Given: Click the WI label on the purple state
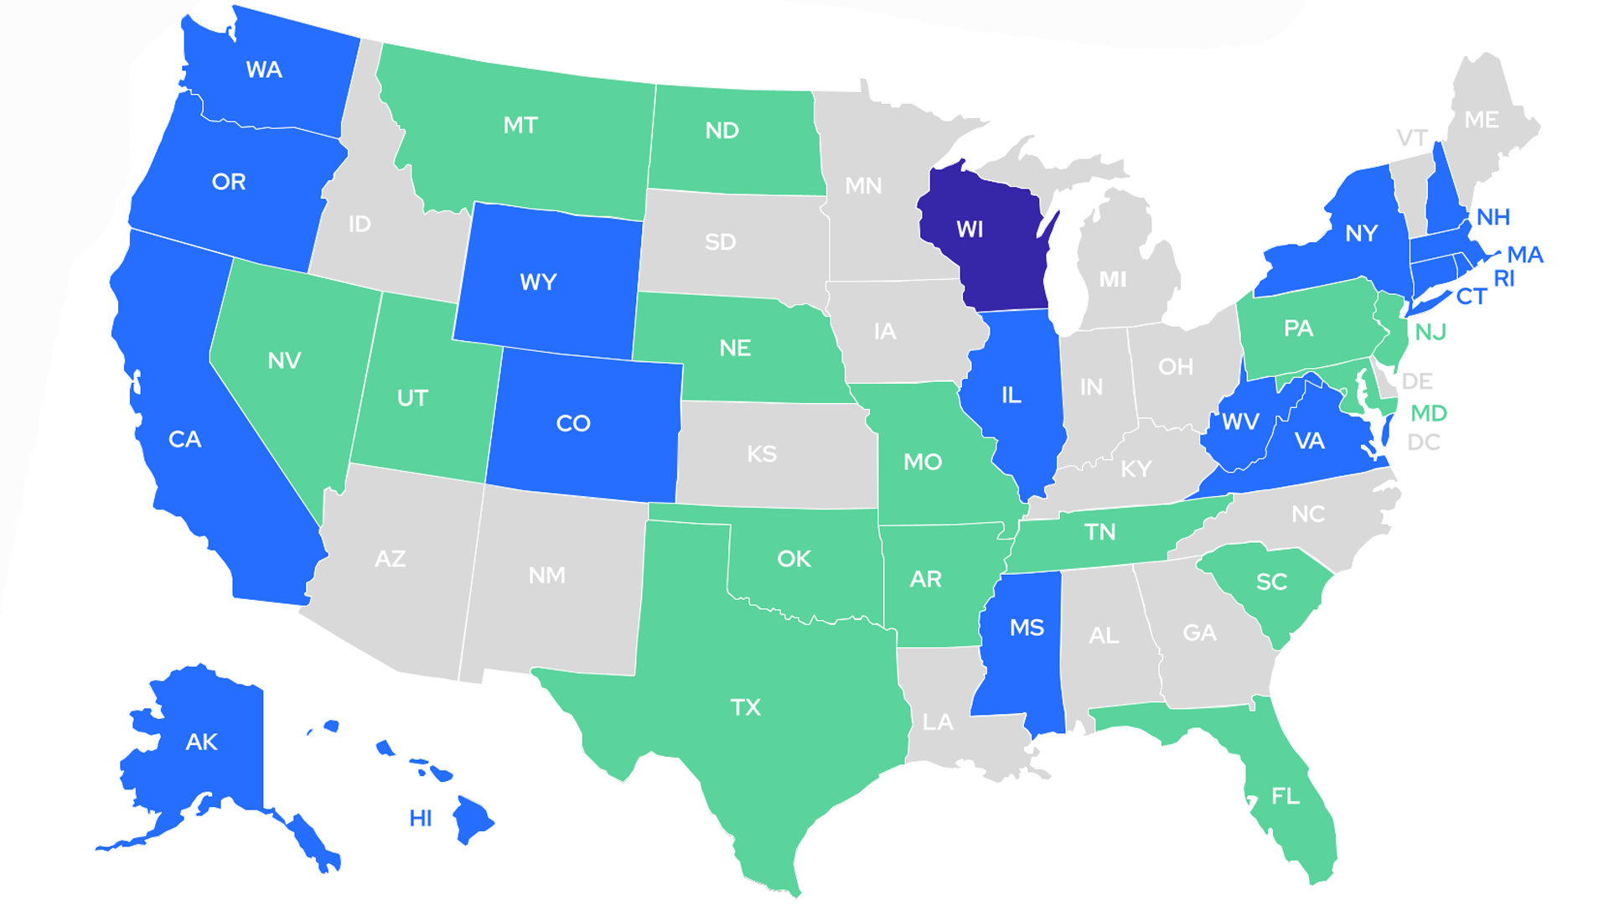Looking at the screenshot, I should click(970, 230).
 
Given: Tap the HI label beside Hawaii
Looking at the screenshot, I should click(421, 818).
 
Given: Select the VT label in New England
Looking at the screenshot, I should click(1412, 137).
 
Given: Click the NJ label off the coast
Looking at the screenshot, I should click(1431, 333).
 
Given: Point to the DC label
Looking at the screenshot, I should click(1424, 442).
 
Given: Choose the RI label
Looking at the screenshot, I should click(1504, 279).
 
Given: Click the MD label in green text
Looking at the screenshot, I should click(1429, 413).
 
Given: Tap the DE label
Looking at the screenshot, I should click(1417, 382).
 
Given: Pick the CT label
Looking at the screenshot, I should click(1472, 297).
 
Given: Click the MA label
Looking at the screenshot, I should click(1525, 255).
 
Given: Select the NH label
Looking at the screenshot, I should click(1493, 217).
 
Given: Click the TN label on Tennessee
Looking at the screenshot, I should click(1099, 532).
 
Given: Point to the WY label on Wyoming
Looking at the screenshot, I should click(538, 282).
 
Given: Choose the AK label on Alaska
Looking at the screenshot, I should click(201, 742).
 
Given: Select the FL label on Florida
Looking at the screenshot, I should click(1286, 796).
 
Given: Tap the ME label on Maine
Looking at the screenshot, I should click(1482, 120).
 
